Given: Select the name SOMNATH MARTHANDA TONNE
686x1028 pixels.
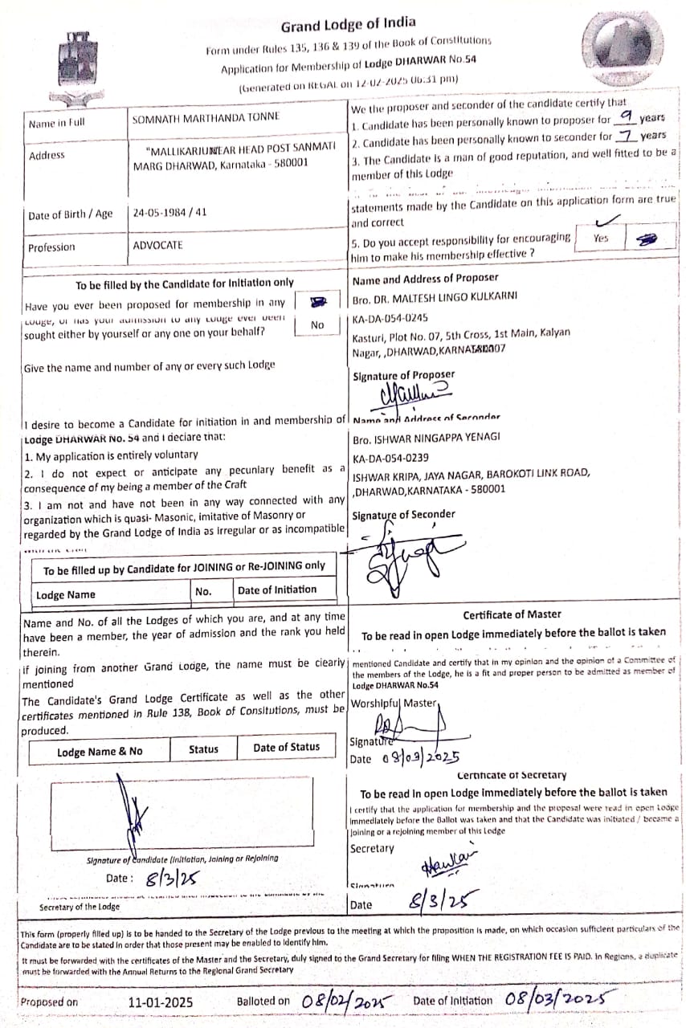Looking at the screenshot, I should coord(206,116).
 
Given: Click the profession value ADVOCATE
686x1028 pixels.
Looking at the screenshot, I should coord(158,245).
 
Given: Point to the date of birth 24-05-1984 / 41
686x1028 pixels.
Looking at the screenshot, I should coord(170,213).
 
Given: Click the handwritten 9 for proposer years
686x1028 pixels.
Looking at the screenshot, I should coord(625,117).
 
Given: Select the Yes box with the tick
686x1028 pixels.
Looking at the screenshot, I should coord(601,237).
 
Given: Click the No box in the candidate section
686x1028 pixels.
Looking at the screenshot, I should coord(318,324).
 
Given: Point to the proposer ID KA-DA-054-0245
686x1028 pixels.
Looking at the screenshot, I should coord(391,317).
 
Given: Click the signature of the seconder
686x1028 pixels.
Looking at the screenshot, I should coord(410,558).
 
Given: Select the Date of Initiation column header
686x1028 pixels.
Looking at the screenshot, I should coord(277,589).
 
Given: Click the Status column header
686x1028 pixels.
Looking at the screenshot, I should coord(203,749).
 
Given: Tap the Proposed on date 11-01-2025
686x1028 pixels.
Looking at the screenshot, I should coord(161,1001).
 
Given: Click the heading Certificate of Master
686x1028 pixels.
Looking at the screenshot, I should coord(512,614).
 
